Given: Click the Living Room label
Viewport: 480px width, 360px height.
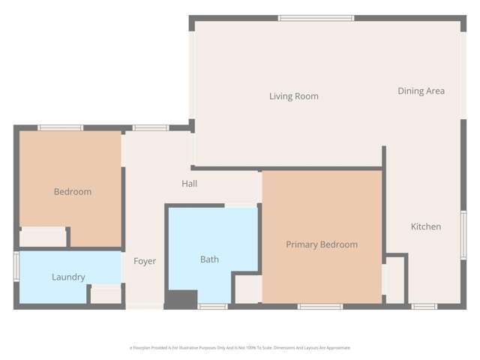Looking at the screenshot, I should pos(294,96).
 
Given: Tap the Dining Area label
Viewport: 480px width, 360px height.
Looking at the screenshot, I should pos(421,91).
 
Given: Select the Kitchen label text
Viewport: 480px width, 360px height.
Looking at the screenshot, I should pos(425,226).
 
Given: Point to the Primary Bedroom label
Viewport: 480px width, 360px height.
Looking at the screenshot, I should pos(321,244).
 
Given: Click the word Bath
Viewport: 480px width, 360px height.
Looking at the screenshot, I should pos(209,259).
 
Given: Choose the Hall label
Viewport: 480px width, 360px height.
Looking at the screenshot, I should pos(189,184).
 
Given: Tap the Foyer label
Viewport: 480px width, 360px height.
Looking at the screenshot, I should pos(145,261).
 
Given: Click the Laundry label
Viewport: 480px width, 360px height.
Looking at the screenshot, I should pos(68,277).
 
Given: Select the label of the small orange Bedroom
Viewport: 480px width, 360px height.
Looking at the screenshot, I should pos(73,191).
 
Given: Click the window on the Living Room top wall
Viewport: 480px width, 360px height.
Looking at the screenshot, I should pos(316,18).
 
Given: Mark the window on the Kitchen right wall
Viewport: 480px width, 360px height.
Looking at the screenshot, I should pos(463,235).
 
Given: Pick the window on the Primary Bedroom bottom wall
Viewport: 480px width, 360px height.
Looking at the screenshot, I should pos(320,306).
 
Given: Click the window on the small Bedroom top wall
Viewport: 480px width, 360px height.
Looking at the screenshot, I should pos(61,128).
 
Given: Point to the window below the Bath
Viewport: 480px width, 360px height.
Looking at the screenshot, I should pos(213,306).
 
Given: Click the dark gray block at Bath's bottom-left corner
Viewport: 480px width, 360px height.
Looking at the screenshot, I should pos(180,299).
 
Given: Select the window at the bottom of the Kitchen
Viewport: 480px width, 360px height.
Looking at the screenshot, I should pos(424,306).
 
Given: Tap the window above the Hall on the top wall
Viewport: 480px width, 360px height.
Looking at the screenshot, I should pos(151,128).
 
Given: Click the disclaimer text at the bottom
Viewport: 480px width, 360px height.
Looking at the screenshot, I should pos(240,348).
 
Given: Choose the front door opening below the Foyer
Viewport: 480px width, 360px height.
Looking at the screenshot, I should pos(144,305).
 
